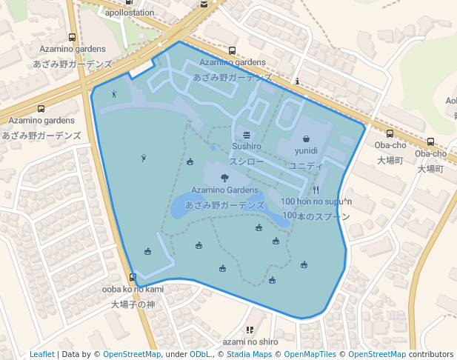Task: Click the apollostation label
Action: click(130, 13)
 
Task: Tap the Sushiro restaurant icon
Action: click(247, 134)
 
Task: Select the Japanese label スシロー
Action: click(247, 161)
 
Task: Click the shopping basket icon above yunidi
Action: click(306, 139)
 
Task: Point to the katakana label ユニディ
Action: click(306, 165)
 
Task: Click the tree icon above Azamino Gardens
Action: click(224, 178)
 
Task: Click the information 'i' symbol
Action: click(297, 81)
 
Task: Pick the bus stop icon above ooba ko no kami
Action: click(133, 278)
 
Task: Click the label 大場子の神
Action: click(133, 304)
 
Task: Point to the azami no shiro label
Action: click(250, 341)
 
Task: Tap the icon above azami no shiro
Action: click(250, 330)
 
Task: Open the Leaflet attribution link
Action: click(42, 354)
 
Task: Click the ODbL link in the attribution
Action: click(200, 354)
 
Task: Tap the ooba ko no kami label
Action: click(133, 289)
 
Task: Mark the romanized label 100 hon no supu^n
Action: click(316, 201)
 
